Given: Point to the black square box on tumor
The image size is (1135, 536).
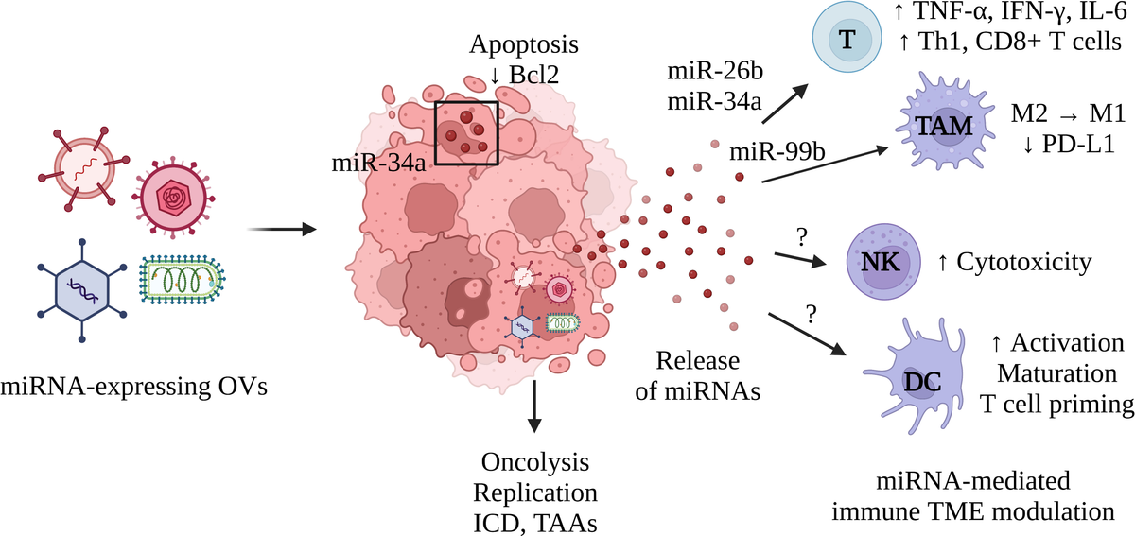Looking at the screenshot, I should (466, 132).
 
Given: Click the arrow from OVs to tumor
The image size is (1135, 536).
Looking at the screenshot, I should (281, 229).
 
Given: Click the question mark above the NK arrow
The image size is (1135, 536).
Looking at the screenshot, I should (801, 233).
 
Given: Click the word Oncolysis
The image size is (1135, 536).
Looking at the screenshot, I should (535, 463).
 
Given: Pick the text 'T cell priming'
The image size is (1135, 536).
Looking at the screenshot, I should (1056, 405).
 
